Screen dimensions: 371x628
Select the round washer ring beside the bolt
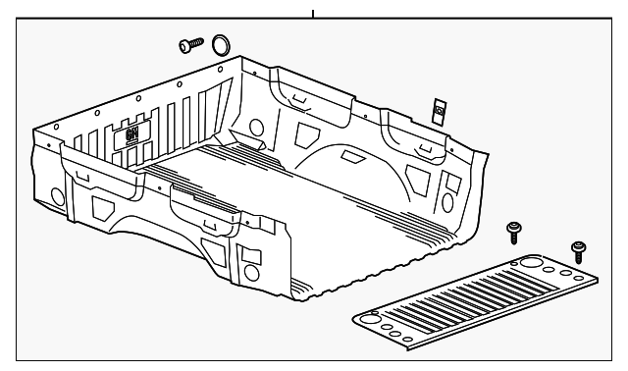coord(222,43)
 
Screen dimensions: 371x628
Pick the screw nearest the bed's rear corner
coord(512,233)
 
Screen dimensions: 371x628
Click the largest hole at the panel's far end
coord(530,263)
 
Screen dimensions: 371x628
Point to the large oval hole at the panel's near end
coord(370,317)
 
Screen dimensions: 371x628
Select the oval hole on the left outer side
coord(57,197)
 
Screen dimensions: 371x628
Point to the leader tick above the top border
coord(312,14)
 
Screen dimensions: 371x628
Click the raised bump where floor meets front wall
coord(249,143)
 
